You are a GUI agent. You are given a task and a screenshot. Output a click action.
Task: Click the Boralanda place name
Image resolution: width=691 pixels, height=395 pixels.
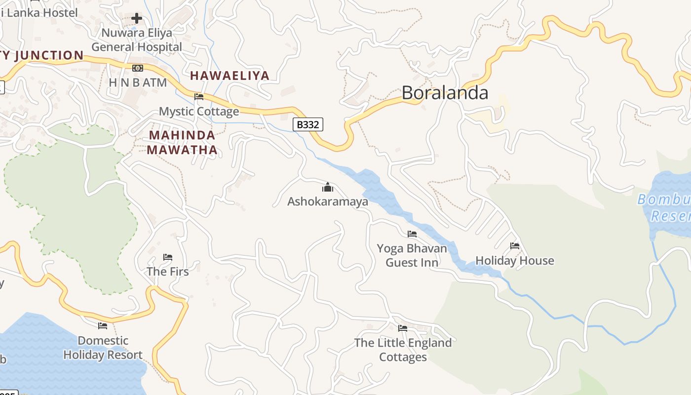click(445, 93)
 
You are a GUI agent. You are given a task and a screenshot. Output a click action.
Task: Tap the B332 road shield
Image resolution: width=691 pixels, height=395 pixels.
click(308, 124)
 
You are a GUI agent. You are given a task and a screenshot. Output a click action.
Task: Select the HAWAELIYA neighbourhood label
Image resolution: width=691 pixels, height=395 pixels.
click(230, 76)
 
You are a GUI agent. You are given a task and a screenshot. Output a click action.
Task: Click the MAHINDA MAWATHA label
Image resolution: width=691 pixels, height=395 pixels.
click(182, 142)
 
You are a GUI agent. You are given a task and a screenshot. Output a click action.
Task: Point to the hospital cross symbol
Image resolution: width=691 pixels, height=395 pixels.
click(137, 19)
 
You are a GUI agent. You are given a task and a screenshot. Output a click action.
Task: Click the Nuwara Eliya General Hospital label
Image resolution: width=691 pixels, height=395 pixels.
click(137, 40)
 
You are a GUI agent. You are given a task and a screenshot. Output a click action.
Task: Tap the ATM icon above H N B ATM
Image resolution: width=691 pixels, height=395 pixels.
click(138, 68)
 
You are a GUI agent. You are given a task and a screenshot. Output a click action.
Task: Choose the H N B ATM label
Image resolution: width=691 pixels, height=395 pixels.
click(138, 82)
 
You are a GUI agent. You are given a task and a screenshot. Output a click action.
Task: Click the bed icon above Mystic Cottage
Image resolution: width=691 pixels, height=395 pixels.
click(199, 96)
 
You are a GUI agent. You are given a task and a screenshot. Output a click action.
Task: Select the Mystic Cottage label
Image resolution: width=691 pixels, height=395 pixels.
click(199, 111)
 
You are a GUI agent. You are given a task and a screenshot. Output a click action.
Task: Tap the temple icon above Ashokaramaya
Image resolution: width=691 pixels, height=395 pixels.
click(328, 187)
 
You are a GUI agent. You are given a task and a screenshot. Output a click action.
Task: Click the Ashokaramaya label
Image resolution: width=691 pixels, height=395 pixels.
click(328, 201)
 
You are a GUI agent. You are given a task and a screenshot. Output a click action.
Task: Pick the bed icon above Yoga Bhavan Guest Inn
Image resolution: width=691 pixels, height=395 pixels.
click(412, 234)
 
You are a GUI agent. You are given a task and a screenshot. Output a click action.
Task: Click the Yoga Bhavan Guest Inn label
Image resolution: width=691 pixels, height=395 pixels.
click(412, 255)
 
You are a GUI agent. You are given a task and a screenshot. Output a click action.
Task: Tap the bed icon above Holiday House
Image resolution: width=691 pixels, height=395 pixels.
click(515, 245)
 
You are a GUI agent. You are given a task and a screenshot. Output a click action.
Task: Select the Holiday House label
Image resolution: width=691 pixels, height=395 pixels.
click(515, 260)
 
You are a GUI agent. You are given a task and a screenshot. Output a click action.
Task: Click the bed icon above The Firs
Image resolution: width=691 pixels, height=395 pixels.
click(168, 257)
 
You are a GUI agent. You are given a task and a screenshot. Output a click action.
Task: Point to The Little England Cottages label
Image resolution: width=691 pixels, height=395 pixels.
click(403, 350)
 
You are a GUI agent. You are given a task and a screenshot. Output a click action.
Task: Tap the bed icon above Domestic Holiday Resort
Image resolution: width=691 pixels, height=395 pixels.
click(103, 325)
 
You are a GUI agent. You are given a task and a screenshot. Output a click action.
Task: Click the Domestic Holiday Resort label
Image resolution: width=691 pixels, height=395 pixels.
click(103, 348)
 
